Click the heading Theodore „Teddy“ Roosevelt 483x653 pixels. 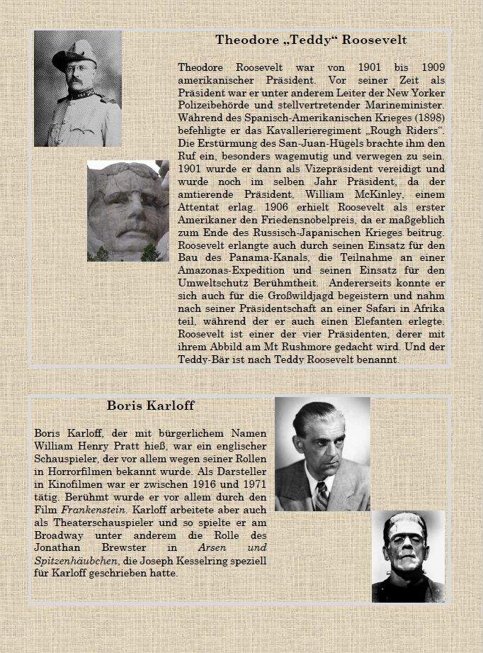[x=311, y=40]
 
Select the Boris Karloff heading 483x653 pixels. [x=150, y=406]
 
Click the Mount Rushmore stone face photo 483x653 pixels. [x=127, y=211]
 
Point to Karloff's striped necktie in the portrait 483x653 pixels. [x=322, y=495]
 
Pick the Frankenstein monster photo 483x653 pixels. [x=408, y=556]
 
